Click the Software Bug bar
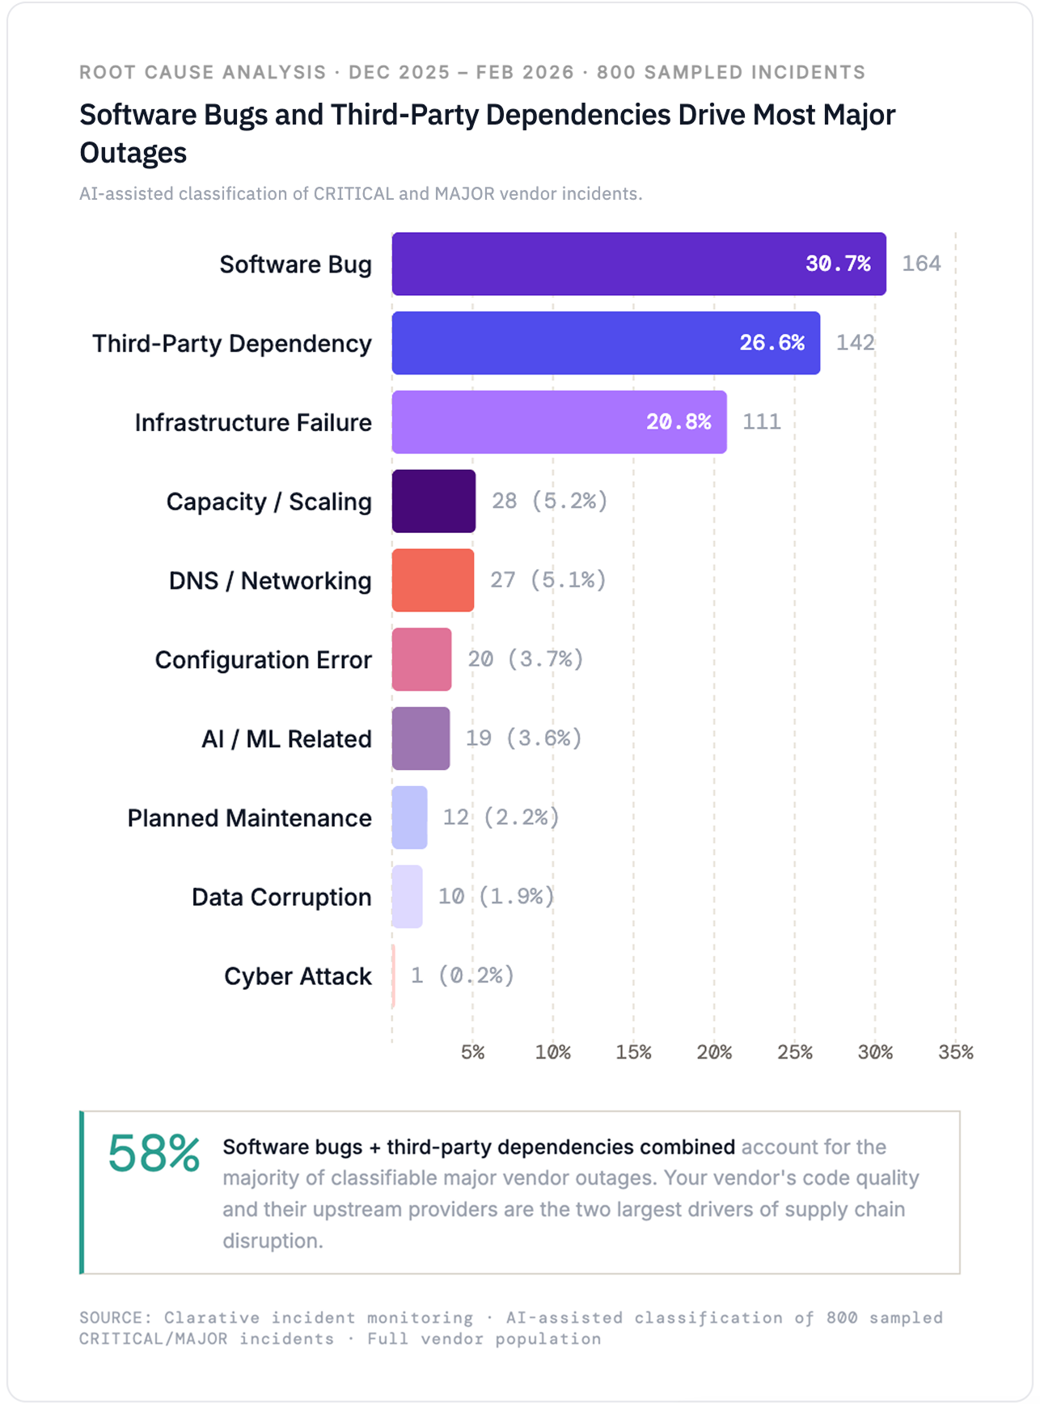(639, 264)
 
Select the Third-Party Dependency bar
(606, 343)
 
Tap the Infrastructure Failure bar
(559, 422)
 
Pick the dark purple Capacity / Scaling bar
(433, 501)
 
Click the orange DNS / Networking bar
(433, 581)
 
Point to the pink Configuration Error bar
(421, 659)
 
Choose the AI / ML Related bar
(421, 738)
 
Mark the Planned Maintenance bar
(409, 818)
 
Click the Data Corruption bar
(407, 896)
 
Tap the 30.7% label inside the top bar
(838, 264)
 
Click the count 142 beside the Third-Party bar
(855, 343)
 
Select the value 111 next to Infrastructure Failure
(761, 422)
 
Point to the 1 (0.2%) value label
(462, 975)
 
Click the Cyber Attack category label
(298, 976)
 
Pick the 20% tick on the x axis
(714, 1052)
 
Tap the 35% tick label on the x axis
(955, 1052)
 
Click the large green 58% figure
(154, 1153)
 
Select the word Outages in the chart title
(133, 153)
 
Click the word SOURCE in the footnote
(114, 1317)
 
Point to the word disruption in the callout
(272, 1241)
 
